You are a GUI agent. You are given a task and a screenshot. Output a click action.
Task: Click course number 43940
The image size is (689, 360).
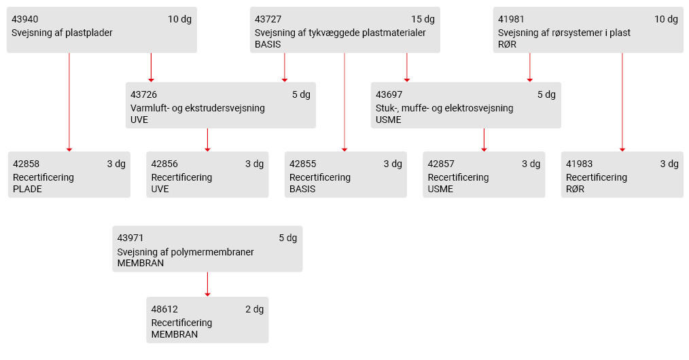[x=24, y=19]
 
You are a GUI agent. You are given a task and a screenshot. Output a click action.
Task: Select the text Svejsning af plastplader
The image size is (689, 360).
[x=62, y=33]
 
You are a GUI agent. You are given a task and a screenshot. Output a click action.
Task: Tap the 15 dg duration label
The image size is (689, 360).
[x=423, y=19]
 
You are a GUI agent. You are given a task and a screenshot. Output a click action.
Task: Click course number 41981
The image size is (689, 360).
[x=511, y=19]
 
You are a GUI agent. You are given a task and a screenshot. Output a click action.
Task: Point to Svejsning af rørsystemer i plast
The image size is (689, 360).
[x=564, y=33]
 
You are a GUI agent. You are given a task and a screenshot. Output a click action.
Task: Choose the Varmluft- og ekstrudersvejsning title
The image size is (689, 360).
[x=198, y=109]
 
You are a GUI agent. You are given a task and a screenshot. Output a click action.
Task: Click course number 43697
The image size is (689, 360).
[x=389, y=95]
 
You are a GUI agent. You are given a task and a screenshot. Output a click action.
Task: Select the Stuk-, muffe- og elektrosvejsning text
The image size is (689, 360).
[x=444, y=109]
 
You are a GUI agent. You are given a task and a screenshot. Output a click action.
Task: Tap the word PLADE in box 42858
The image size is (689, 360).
[x=27, y=190]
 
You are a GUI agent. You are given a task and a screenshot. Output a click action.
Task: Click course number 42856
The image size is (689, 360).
[x=164, y=164]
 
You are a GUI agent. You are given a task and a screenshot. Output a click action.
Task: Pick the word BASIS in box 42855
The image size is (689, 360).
[x=302, y=190]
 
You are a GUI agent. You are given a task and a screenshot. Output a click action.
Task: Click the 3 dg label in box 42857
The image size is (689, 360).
[x=531, y=164]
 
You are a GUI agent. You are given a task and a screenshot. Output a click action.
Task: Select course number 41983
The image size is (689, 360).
[x=579, y=164]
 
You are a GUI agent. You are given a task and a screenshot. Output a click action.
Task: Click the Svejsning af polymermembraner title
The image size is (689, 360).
[x=185, y=253]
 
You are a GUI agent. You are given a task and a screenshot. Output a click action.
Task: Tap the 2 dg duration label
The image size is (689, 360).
[x=254, y=310]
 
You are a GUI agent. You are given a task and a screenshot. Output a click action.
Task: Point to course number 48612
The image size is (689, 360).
[x=164, y=310]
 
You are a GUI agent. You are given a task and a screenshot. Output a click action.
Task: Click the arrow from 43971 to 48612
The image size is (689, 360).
[x=207, y=284]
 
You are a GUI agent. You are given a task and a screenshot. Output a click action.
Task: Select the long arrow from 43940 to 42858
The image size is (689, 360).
[x=69, y=103]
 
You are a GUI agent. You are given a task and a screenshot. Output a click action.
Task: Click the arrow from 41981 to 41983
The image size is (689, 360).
[x=622, y=103]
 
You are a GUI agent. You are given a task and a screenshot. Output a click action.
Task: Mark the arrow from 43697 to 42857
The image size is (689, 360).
[x=484, y=140]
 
